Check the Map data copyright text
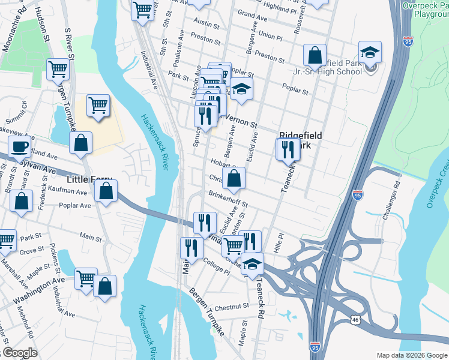(x=411, y=355)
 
